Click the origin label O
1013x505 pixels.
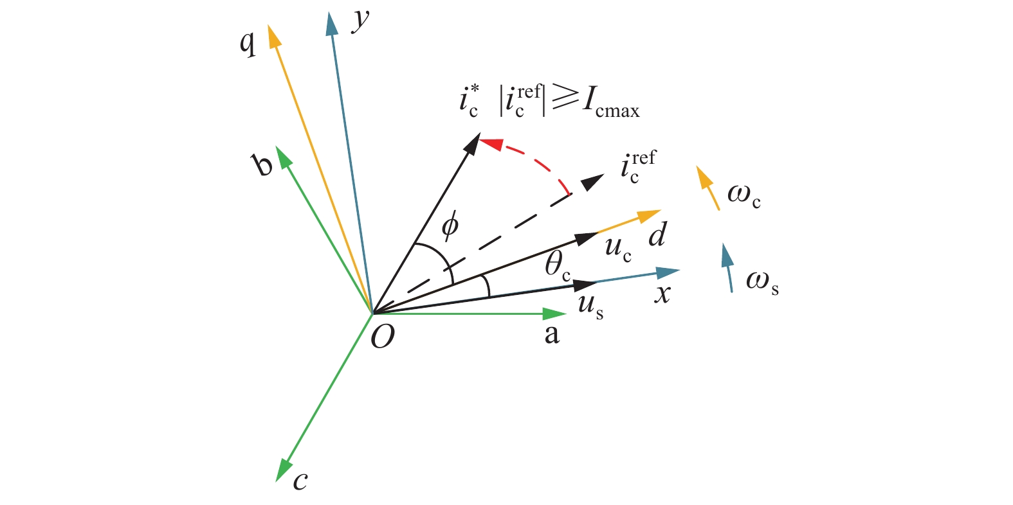383,336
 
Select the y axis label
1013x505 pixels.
361,21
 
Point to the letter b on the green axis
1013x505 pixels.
263,165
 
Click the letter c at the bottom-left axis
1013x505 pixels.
300,481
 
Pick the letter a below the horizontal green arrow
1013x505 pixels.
552,335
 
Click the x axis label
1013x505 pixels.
662,294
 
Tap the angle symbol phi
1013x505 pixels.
450,225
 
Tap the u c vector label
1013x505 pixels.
618,248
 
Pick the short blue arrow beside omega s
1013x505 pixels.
728,267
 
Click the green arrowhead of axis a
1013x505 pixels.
554,314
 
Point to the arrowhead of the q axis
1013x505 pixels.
273,35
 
